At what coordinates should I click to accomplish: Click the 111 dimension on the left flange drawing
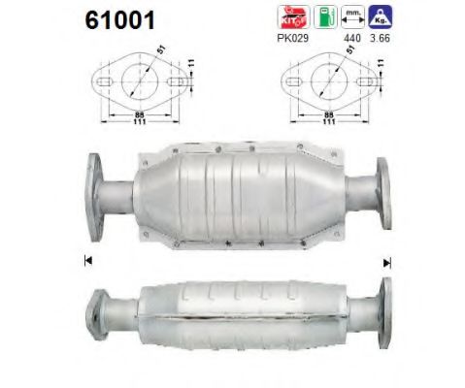(139, 122)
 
